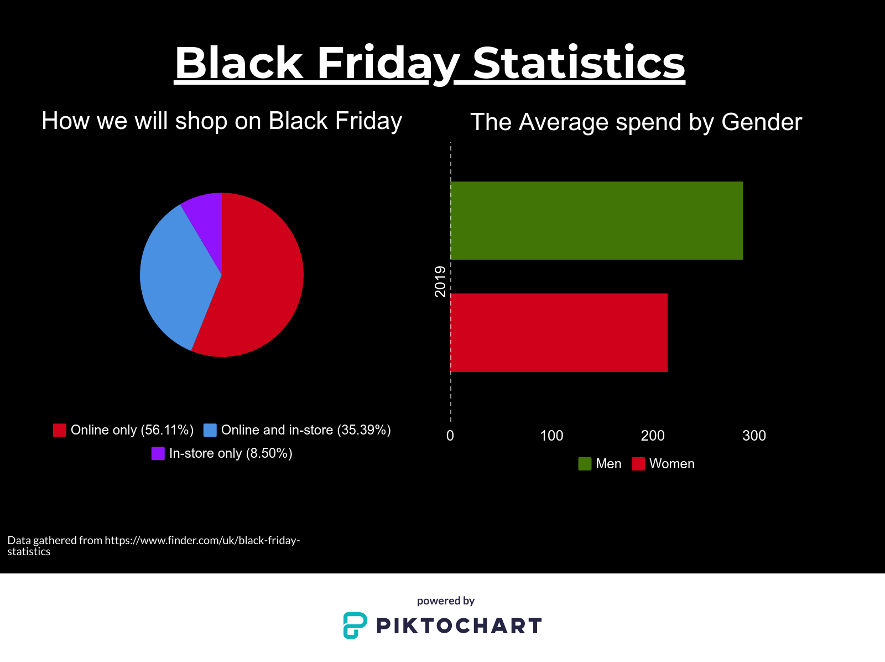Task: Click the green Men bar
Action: [x=597, y=221]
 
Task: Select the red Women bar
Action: [x=559, y=333]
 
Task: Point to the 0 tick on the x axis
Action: [x=450, y=436]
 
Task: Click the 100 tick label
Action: [x=551, y=436]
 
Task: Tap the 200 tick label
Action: [x=653, y=436]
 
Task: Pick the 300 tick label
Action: [x=754, y=436]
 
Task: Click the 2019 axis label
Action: [x=440, y=282]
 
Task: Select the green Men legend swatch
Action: [x=585, y=464]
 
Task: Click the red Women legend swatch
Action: [x=638, y=464]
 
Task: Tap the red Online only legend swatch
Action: [x=60, y=430]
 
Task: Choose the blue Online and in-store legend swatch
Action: [x=210, y=430]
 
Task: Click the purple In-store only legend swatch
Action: [x=158, y=453]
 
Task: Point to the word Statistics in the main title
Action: [x=579, y=63]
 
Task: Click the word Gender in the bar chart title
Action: [x=762, y=122]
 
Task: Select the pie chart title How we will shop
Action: [x=222, y=121]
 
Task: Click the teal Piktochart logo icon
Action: [x=355, y=625]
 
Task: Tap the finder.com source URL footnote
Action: [x=154, y=546]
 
